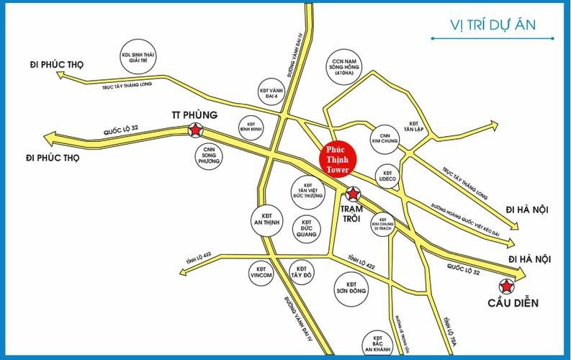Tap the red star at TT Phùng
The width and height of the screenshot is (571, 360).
coord(195,130)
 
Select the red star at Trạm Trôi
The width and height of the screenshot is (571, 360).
coord(353,193)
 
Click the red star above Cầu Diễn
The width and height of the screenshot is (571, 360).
coord(508,287)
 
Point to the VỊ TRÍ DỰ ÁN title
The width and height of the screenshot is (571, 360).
coord(482,26)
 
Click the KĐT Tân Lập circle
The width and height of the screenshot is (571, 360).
coord(413,127)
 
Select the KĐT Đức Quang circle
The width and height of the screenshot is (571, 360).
coord(306,228)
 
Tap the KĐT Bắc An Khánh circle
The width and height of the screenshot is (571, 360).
coord(377,343)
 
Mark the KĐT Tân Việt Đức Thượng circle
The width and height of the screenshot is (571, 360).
coord(309,189)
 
